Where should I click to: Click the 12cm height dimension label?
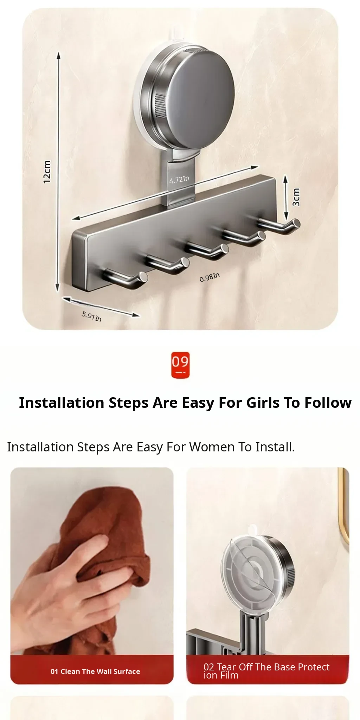tap(47, 172)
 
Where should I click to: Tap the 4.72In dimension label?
tap(179, 180)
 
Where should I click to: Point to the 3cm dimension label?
tap(296, 197)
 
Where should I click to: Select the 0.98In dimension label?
tap(210, 277)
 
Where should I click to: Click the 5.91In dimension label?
tap(92, 316)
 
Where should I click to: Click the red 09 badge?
tap(180, 365)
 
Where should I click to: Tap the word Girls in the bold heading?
tap(263, 403)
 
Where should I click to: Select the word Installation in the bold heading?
tap(62, 403)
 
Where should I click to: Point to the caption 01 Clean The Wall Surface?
tap(95, 671)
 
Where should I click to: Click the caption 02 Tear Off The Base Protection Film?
tap(266, 671)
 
